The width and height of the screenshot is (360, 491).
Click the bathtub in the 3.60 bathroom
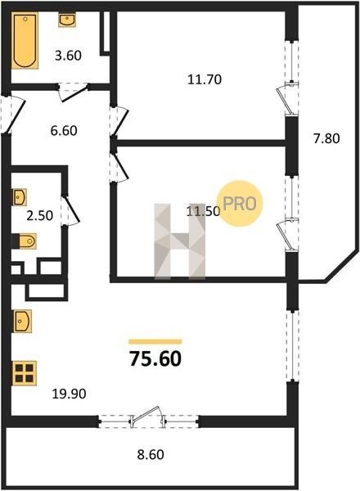click(25, 41)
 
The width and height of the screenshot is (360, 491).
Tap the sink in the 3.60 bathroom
click(67, 20)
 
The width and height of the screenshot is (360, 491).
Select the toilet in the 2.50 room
click(25, 241)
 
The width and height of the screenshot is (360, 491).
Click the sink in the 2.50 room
click(20, 197)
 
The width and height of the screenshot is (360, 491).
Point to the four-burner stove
click(25, 373)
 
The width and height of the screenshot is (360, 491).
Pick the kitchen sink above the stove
click(22, 321)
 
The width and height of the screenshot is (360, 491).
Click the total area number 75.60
click(155, 359)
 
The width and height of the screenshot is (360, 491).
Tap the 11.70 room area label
click(205, 79)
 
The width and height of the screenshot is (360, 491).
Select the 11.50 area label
click(203, 212)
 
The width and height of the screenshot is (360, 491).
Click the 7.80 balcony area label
click(326, 138)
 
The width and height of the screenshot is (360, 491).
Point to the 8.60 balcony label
click(151, 454)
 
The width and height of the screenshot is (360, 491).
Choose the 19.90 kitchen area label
click(69, 394)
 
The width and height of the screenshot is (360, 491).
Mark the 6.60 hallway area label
click(64, 131)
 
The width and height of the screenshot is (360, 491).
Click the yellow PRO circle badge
click(240, 204)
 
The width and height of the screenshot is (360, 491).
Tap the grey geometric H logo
click(180, 241)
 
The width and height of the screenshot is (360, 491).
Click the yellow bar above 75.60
click(155, 341)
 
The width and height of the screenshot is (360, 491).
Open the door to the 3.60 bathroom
click(73, 92)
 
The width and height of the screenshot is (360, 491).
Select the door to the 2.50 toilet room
click(70, 210)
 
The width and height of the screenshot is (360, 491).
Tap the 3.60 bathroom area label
click(68, 56)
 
